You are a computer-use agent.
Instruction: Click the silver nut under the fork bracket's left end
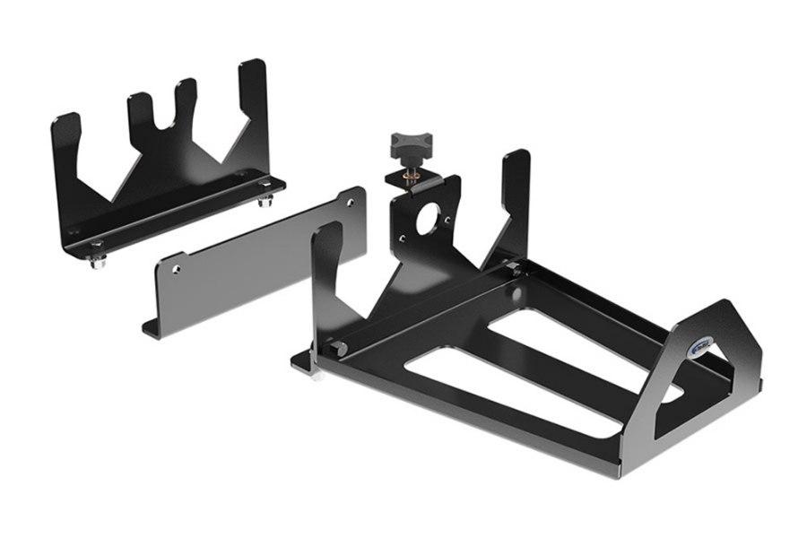pos(97,261)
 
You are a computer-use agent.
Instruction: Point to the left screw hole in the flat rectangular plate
pos(177,266)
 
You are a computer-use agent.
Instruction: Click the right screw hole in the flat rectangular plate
pos(351,203)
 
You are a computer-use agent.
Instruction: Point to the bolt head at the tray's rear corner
pos(511,267)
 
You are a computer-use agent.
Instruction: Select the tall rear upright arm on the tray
pos(515,197)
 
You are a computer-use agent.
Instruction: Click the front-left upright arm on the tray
pos(327,269)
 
